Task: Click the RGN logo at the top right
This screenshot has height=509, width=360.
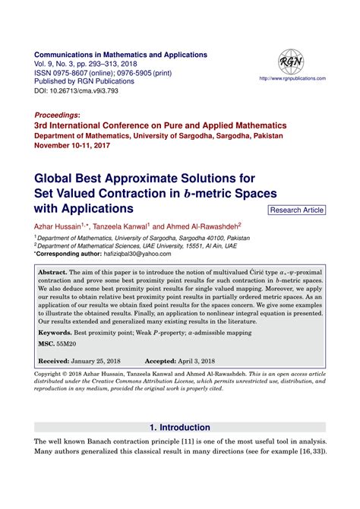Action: tap(290, 63)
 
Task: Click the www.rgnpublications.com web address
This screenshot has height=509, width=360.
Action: tap(292, 78)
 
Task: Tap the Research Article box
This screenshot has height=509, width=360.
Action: tap(297, 210)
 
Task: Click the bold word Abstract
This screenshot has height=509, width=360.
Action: tap(53, 271)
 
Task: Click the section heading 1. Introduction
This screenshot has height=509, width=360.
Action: tap(179, 428)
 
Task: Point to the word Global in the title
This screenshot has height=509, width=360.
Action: tap(58, 179)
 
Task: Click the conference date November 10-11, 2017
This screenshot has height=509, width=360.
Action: tap(76, 145)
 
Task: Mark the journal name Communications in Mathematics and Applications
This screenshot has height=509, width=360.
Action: tap(121, 55)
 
